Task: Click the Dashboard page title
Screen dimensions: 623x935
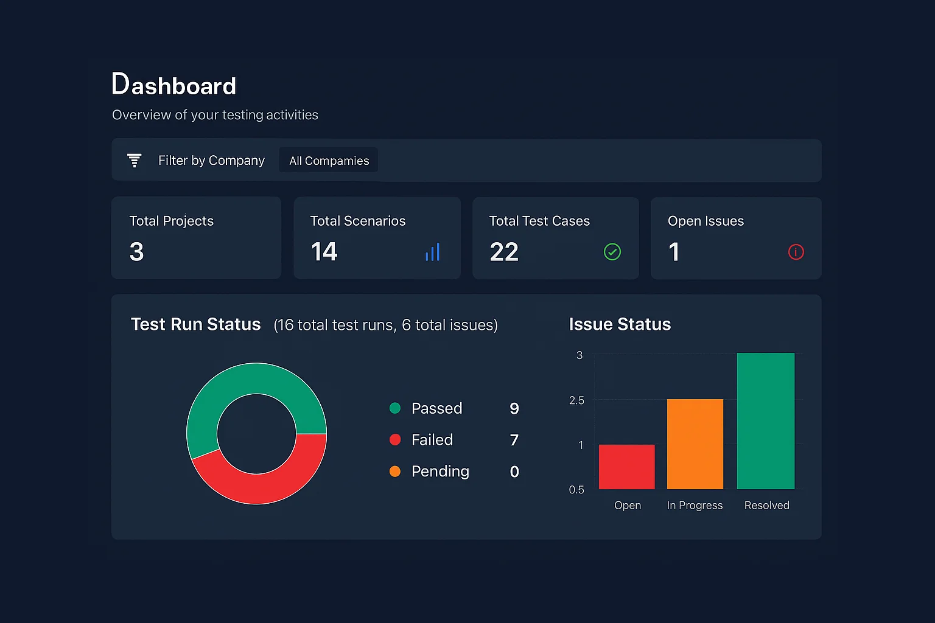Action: pyautogui.click(x=174, y=85)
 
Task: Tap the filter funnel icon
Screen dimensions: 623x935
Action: pyautogui.click(x=134, y=160)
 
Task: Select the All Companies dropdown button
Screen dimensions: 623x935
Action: pyautogui.click(x=329, y=161)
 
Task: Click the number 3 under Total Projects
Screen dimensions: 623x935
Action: pyautogui.click(x=137, y=252)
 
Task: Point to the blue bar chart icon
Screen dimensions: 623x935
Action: pyautogui.click(x=432, y=252)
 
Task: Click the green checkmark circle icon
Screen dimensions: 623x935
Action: pyautogui.click(x=612, y=252)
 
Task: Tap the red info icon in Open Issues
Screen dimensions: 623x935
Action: pyautogui.click(x=796, y=252)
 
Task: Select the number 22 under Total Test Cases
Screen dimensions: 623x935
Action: pyautogui.click(x=504, y=252)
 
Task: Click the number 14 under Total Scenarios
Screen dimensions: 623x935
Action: pyautogui.click(x=324, y=252)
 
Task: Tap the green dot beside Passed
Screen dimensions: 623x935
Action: pyautogui.click(x=395, y=408)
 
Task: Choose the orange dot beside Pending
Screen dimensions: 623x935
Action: pyautogui.click(x=395, y=472)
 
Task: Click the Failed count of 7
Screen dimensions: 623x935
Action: pyautogui.click(x=514, y=440)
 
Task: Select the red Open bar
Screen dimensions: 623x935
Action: pyautogui.click(x=626, y=467)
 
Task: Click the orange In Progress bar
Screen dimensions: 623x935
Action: pyautogui.click(x=695, y=444)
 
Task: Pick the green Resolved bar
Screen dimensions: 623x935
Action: pyautogui.click(x=765, y=421)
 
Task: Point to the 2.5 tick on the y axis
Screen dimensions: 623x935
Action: pyautogui.click(x=576, y=400)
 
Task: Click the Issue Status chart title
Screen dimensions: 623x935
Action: pyautogui.click(x=620, y=324)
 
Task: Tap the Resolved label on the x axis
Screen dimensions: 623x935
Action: pyautogui.click(x=766, y=506)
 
